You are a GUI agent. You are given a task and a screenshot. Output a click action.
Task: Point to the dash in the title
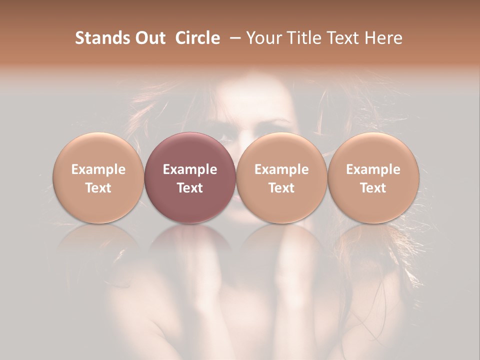pos(237,38)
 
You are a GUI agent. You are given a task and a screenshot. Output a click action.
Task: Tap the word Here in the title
pos(384,38)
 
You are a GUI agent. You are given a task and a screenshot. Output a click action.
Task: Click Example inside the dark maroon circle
pos(190,169)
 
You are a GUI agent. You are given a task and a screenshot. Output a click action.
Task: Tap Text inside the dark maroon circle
pos(190,188)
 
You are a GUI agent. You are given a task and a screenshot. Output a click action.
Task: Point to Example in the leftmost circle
pos(98,169)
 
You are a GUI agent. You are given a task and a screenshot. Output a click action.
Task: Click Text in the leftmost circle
pos(98,188)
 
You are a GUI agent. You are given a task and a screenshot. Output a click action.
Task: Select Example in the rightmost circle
pos(373,169)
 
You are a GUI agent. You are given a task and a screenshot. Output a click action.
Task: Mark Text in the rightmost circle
pos(373,188)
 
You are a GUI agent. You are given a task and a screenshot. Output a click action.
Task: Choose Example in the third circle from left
pos(281,169)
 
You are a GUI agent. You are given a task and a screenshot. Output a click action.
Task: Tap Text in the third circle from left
pos(281,188)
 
